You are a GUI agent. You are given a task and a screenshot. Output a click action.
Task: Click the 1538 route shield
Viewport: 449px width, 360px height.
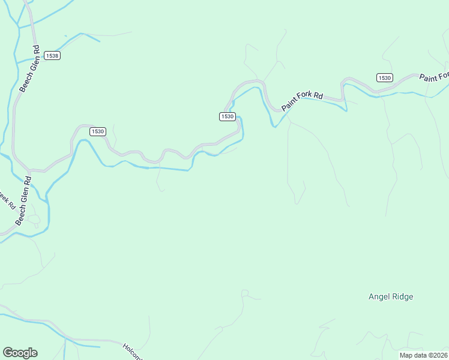tap(53, 56)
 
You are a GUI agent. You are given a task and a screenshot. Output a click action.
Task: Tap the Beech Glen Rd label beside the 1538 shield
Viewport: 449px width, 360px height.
tap(29, 69)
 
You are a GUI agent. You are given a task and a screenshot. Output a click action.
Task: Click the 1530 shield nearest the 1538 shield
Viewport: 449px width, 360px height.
tap(98, 131)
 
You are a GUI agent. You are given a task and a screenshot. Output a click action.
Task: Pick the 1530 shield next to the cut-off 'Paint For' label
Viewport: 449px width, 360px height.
tap(385, 78)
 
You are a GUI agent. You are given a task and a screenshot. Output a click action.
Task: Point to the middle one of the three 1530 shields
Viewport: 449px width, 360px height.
tap(227, 116)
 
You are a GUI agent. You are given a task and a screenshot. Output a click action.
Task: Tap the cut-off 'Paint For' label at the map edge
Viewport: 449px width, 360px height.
tap(434, 76)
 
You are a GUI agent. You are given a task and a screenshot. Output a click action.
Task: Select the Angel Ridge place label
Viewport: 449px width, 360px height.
tap(391, 296)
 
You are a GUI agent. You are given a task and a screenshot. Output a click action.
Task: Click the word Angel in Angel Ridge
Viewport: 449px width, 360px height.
tap(380, 296)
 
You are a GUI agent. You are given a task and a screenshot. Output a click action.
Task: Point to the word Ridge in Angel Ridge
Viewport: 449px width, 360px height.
tap(403, 296)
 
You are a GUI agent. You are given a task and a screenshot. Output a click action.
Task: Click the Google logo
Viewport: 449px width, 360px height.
tap(20, 353)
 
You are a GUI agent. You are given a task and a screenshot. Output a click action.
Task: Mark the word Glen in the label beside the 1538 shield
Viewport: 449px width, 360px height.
tap(29, 68)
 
